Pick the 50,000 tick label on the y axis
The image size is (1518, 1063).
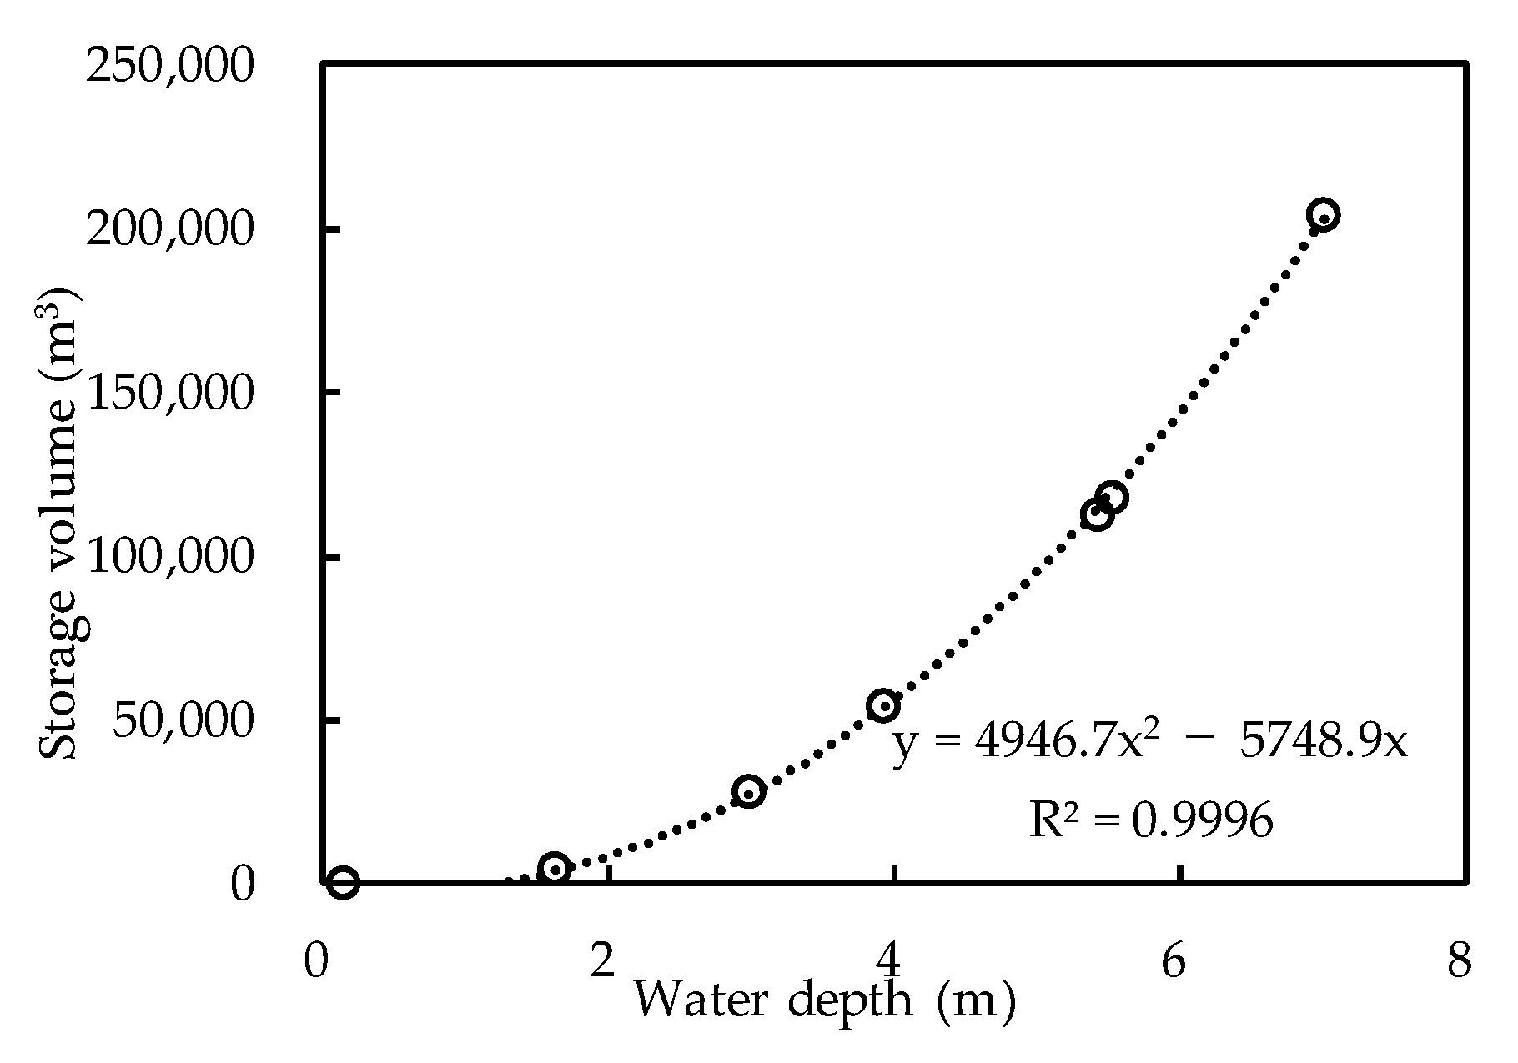(181, 720)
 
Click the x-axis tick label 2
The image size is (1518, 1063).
(601, 961)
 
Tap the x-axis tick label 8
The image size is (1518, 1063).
(1460, 961)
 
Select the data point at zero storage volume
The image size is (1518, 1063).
(343, 881)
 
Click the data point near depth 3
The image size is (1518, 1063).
(748, 791)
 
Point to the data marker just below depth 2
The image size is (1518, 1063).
(555, 868)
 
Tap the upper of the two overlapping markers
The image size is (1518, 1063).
(1112, 498)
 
